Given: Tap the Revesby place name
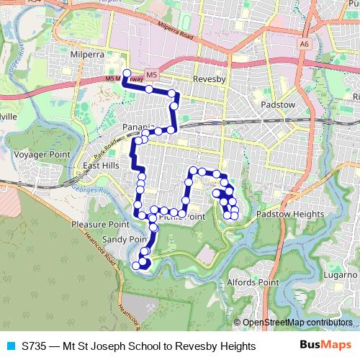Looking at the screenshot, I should (210, 80).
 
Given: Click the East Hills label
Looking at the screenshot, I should (101, 166).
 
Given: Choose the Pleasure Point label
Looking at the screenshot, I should (99, 225).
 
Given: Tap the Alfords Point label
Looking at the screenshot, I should (253, 283).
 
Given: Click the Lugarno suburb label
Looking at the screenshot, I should (340, 275).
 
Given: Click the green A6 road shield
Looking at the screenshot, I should (305, 43).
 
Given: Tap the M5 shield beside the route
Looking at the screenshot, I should (151, 74).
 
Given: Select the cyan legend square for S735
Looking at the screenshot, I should (9, 346).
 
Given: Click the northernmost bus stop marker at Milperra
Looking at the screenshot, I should (127, 73).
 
